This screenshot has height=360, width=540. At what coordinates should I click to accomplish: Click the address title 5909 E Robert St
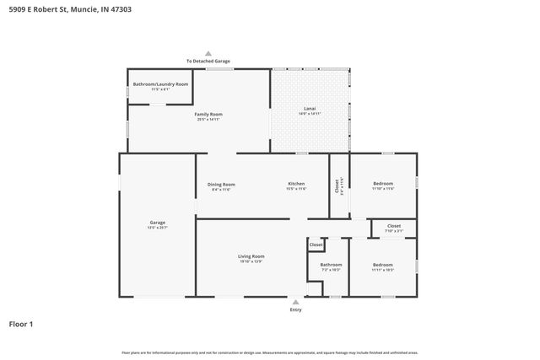tap(69, 10)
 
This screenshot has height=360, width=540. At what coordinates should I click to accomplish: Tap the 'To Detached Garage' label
tap(208, 61)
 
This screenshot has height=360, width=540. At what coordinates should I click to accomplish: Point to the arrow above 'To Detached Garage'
tap(208, 52)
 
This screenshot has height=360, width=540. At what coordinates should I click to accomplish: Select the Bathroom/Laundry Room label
tap(160, 84)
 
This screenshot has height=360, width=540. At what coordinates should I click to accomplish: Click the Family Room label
tap(208, 114)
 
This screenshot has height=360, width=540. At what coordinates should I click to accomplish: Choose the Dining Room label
tap(221, 184)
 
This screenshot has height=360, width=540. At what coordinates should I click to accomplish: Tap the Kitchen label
tap(295, 184)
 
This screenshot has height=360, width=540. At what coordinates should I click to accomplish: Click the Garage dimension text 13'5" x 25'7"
tap(158, 228)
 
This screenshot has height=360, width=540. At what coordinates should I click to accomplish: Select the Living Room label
tap(251, 256)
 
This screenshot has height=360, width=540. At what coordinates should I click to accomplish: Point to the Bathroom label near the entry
tap(330, 265)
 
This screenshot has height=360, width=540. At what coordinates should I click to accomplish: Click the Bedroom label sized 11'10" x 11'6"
tap(382, 184)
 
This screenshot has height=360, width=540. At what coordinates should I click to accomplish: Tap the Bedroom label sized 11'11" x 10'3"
tap(383, 265)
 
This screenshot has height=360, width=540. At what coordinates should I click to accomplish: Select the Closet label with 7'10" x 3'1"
tap(394, 226)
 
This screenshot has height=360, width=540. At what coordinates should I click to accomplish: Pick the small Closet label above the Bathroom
tap(316, 244)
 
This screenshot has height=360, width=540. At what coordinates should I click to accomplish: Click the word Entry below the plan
tap(295, 309)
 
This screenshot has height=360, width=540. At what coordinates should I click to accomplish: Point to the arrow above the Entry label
tap(295, 301)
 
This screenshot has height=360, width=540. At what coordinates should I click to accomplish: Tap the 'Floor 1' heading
tap(21, 324)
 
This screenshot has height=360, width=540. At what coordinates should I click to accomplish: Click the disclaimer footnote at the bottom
tap(269, 352)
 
